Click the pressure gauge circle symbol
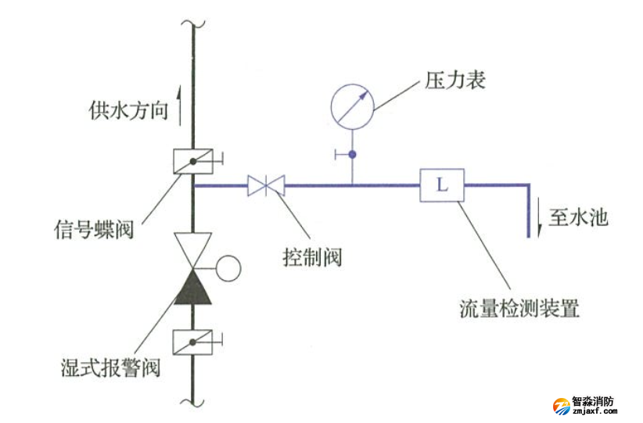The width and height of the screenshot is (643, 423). point(351,105)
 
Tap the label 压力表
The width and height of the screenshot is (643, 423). point(455,80)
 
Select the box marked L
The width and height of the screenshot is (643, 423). point(442,185)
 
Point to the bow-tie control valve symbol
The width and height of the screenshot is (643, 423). point(266,185)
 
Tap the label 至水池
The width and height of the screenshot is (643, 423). point(578,217)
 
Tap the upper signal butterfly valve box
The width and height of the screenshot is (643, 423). point(192,160)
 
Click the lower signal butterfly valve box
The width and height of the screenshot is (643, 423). point(192,342)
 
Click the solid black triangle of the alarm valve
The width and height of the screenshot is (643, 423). point(192,286)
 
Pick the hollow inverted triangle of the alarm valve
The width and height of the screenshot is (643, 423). point(192,249)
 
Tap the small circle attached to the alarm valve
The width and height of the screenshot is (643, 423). point(227,268)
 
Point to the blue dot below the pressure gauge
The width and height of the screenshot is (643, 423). point(352,155)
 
